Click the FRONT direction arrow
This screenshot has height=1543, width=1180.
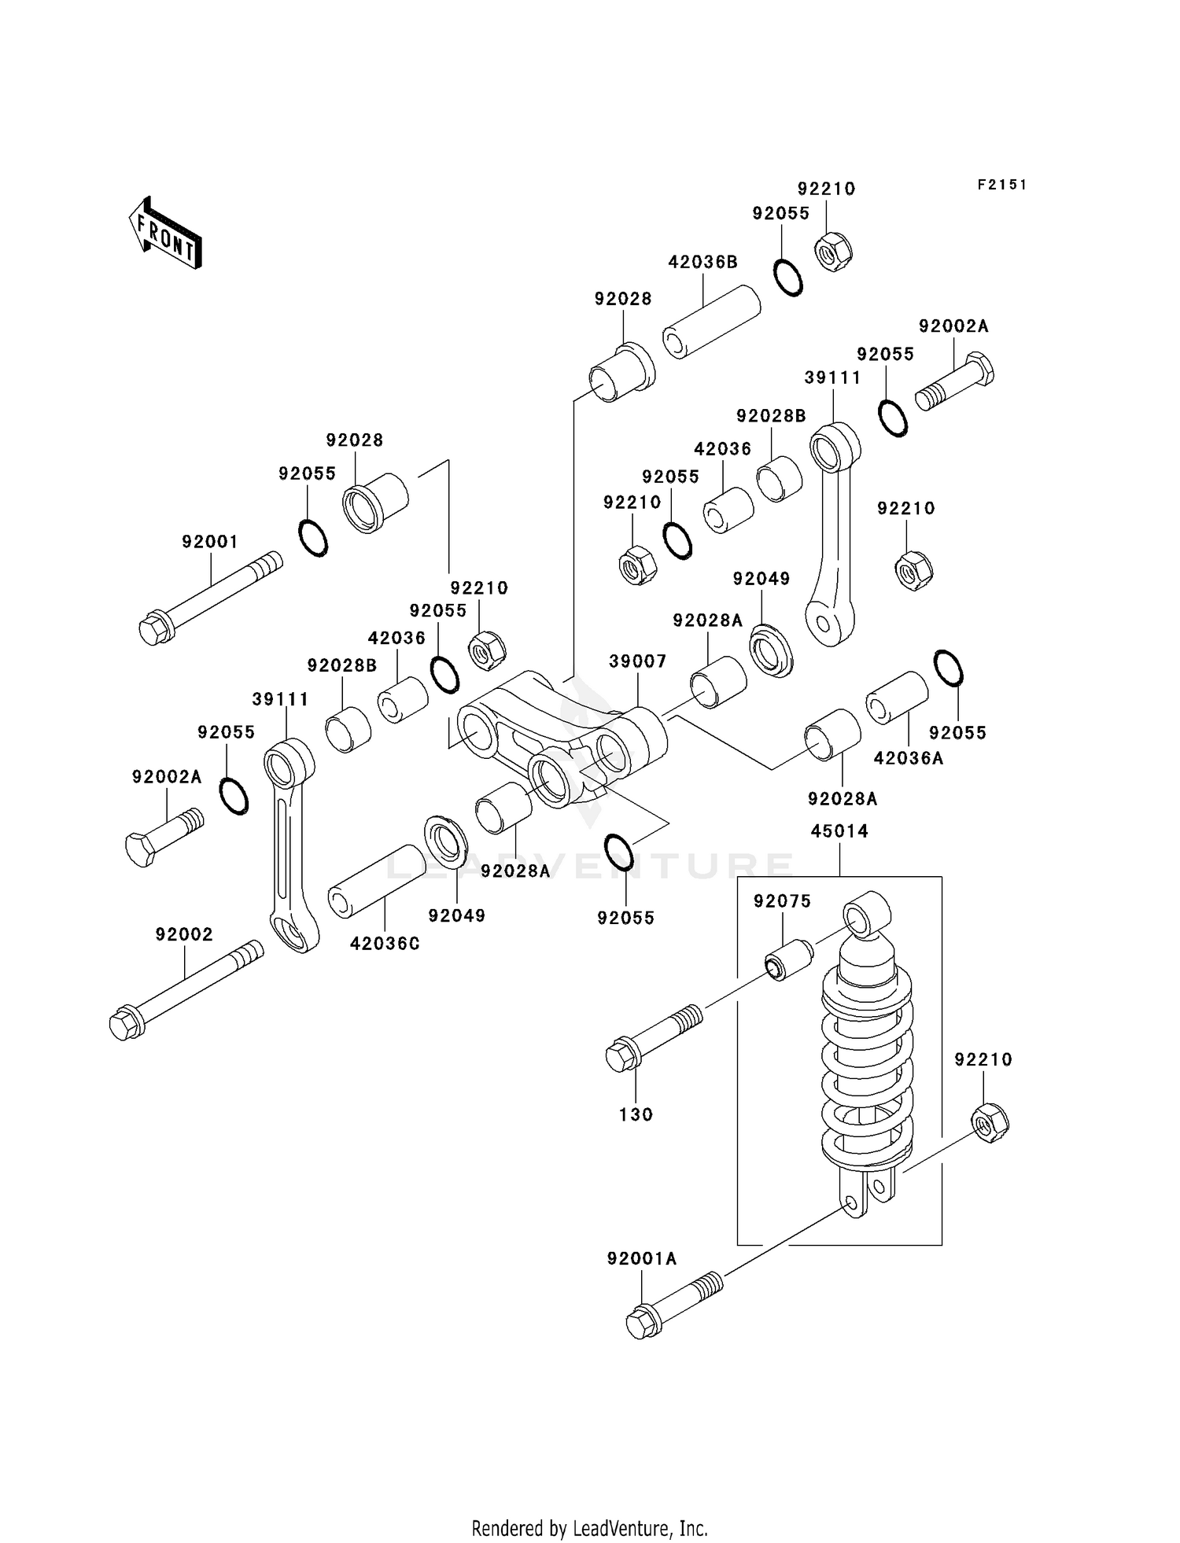point(165,234)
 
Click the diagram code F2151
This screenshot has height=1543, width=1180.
point(1001,185)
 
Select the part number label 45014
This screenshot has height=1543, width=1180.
point(839,831)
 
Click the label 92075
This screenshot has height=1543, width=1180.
point(781,901)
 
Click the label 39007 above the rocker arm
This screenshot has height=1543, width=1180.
point(637,661)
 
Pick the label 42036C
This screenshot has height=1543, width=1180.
point(385,944)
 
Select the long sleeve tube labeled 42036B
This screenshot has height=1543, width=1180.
point(711,322)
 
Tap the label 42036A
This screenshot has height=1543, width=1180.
point(908,758)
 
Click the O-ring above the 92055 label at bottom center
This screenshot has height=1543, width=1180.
point(619,853)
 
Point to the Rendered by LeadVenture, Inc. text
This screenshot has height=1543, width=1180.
point(589,1528)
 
